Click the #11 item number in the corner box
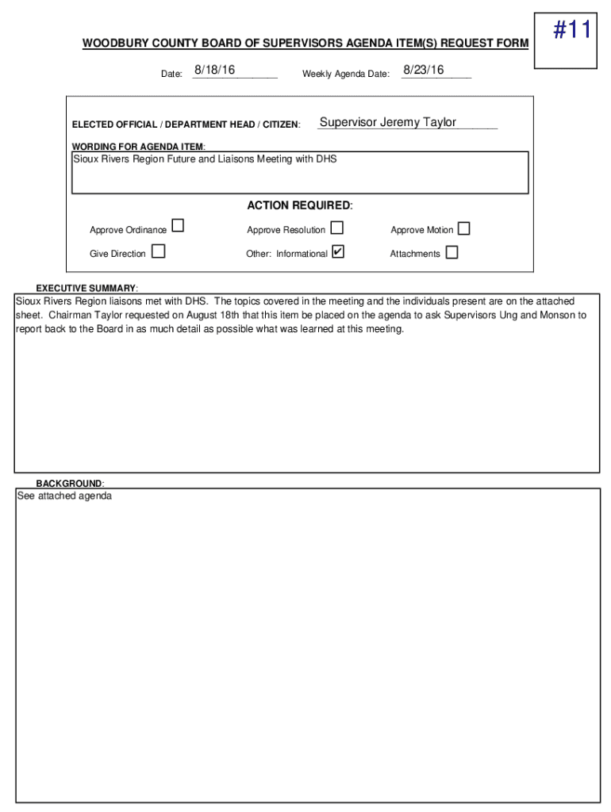[571, 32]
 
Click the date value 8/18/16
[214, 71]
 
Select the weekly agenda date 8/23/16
[423, 71]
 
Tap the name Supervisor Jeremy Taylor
[387, 122]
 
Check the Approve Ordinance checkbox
[178, 227]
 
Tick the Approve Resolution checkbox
[337, 228]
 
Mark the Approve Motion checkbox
[463, 228]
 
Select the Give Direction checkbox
[159, 251]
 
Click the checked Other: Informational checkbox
[338, 252]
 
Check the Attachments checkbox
[452, 252]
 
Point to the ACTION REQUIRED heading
[299, 205]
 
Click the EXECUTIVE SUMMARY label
[86, 287]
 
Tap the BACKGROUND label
[70, 484]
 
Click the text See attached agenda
[64, 496]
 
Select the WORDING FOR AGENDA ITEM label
[138, 147]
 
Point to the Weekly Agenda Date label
[345, 75]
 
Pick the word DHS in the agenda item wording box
[327, 159]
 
